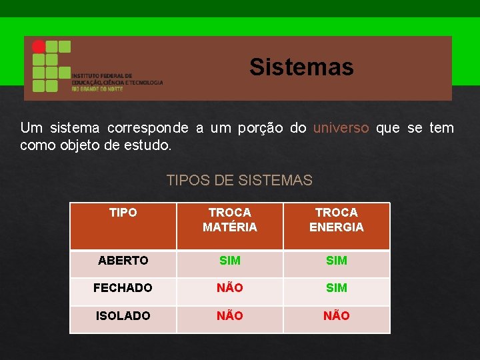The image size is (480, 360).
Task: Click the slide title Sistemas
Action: point(301,67)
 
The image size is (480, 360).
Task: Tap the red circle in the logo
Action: point(39,47)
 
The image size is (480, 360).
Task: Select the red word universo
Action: point(341,128)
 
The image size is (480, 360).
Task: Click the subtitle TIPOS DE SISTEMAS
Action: point(239,180)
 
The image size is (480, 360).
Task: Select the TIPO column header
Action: point(123,213)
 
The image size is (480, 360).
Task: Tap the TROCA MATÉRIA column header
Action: point(230,220)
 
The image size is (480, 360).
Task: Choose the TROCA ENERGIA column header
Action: point(337,220)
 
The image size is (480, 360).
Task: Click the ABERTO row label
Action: point(123,261)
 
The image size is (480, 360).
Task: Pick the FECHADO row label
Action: point(123,288)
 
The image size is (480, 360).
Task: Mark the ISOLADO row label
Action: point(123,315)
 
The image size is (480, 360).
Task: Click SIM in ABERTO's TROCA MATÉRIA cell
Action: point(230,261)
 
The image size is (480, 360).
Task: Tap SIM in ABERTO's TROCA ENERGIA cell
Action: point(337,261)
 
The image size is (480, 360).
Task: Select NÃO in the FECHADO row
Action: point(230,288)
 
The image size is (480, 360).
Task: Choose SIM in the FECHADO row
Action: point(337,288)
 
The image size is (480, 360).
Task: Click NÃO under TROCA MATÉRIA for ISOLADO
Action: point(230,315)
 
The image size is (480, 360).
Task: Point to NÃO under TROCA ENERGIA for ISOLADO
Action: point(337,315)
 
